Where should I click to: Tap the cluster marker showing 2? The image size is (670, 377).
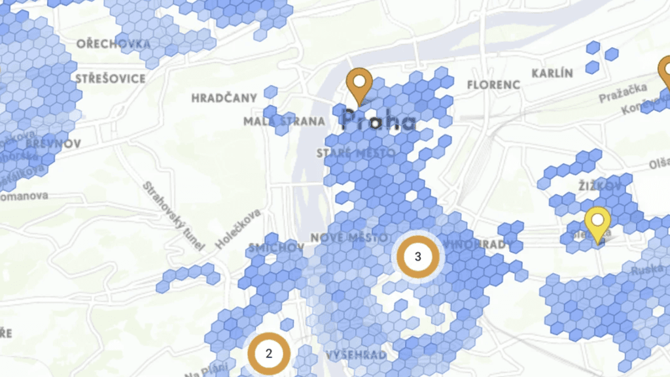pyautogui.click(x=268, y=353)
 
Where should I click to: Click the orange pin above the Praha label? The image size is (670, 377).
pyautogui.click(x=359, y=86)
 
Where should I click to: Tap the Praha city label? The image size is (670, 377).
pyautogui.click(x=379, y=120)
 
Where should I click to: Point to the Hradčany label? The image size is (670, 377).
pyautogui.click(x=224, y=98)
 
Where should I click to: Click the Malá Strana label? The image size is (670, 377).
pyautogui.click(x=284, y=121)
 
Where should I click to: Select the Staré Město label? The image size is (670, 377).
pyautogui.click(x=355, y=153)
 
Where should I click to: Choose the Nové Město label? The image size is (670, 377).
pyautogui.click(x=344, y=237)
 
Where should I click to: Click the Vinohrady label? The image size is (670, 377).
pyautogui.click(x=471, y=244)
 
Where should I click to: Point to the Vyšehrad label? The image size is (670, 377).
pyautogui.click(x=355, y=355)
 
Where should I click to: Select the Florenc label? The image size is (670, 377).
pyautogui.click(x=493, y=84)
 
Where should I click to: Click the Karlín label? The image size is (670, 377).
pyautogui.click(x=552, y=73)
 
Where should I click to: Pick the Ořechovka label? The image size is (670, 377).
pyautogui.click(x=113, y=44)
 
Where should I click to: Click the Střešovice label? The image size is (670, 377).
pyautogui.click(x=110, y=78)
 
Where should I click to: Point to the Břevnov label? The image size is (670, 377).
pyautogui.click(x=54, y=143)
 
